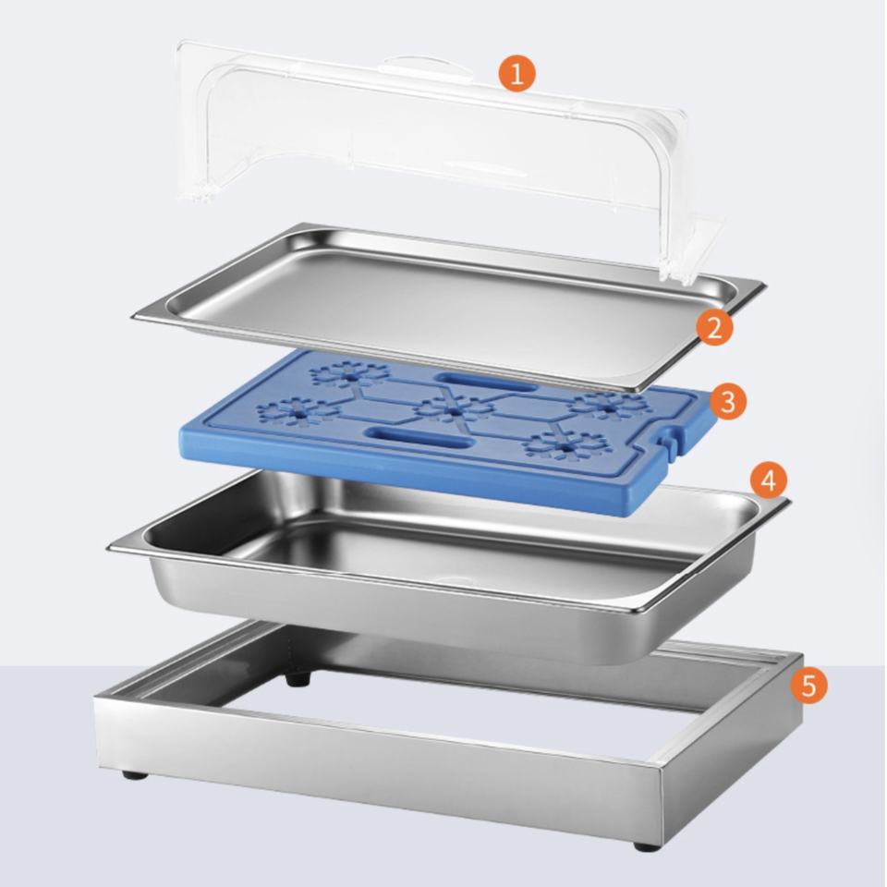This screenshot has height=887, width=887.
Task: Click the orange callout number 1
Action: point(516,74)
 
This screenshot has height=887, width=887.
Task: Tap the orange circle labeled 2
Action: point(714,327)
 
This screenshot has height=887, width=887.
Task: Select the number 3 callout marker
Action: point(729,401)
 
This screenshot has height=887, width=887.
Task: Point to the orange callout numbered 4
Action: point(768,480)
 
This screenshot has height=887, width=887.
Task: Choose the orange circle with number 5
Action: point(809,685)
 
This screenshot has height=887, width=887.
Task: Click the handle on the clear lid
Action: point(424,67)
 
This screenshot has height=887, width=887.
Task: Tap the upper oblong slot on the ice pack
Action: point(485,382)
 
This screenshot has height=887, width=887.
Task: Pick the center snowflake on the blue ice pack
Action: point(452,409)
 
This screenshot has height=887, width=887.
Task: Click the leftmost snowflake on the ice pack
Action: point(297,411)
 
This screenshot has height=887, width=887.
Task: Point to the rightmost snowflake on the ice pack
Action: point(608,406)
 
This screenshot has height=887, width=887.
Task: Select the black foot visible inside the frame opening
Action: point(299,677)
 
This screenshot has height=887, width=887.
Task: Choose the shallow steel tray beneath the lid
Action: point(449,307)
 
